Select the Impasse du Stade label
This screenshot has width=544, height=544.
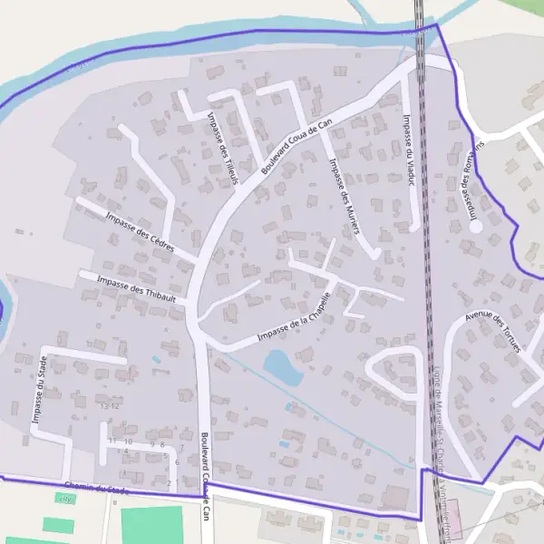click(x=41, y=391)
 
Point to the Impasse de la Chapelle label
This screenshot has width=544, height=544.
click(x=294, y=322)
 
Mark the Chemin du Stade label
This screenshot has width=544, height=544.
click(x=97, y=491)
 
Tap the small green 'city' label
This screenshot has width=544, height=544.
click(x=65, y=499)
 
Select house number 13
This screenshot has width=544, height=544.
click(x=104, y=406)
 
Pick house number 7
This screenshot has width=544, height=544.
click(x=181, y=447)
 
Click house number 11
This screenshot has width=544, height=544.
click(x=112, y=441)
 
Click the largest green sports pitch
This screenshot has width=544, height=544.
click(x=151, y=525)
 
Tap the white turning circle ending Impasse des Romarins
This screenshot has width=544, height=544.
click(x=476, y=227)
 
